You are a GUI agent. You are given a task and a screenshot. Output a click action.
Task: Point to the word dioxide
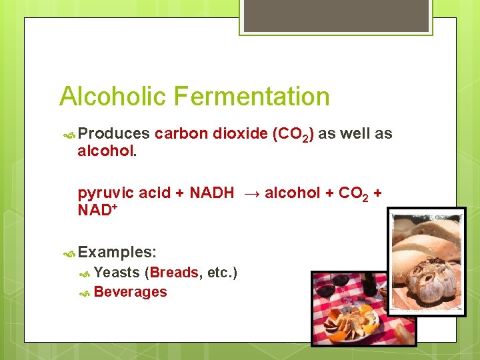(x=240, y=133)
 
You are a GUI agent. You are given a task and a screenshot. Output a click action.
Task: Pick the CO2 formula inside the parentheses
(x=293, y=134)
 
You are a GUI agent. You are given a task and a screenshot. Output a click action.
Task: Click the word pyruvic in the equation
(x=105, y=193)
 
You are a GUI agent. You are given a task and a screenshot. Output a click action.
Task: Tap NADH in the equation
(x=211, y=193)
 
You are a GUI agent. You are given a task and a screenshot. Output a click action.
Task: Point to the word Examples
(x=117, y=252)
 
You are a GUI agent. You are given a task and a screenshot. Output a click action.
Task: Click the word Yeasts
(x=117, y=272)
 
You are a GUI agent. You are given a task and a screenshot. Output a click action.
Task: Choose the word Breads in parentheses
(x=175, y=272)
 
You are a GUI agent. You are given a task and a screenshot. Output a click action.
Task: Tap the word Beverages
(x=131, y=291)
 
